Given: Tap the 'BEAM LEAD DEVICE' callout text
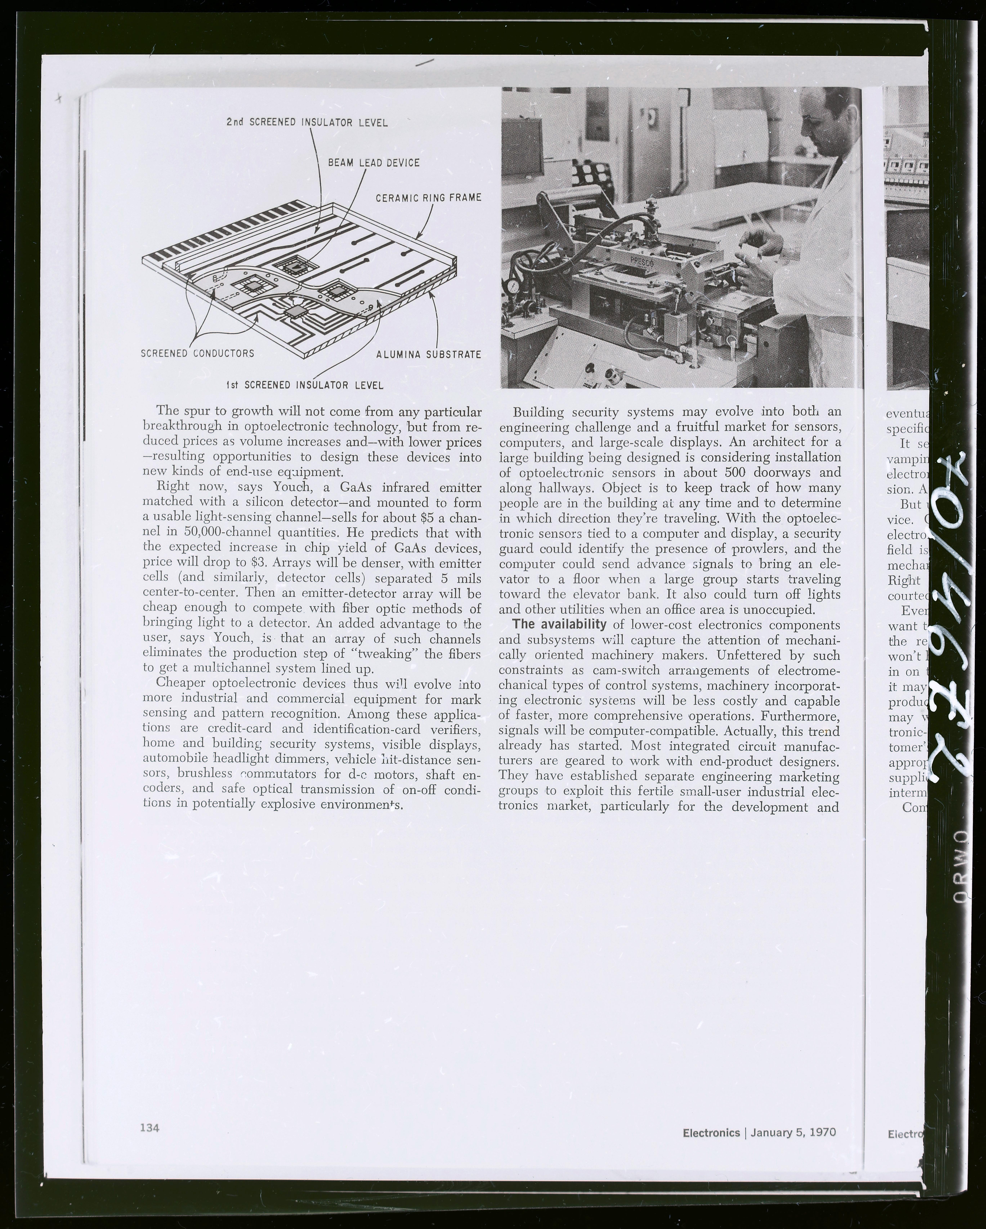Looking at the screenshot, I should click(374, 163).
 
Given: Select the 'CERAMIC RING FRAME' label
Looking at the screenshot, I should click(428, 198).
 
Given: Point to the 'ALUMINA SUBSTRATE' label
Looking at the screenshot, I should click(428, 355).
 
